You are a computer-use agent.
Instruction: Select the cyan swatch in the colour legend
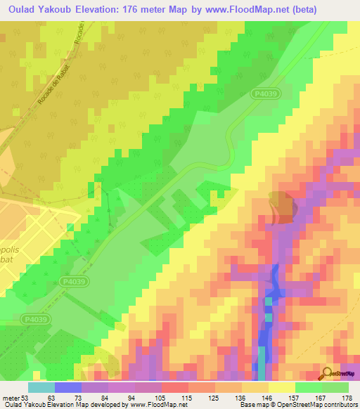coord(41,387)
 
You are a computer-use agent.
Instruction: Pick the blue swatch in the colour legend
coord(67,387)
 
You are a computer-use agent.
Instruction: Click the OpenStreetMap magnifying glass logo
coord(327,373)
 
